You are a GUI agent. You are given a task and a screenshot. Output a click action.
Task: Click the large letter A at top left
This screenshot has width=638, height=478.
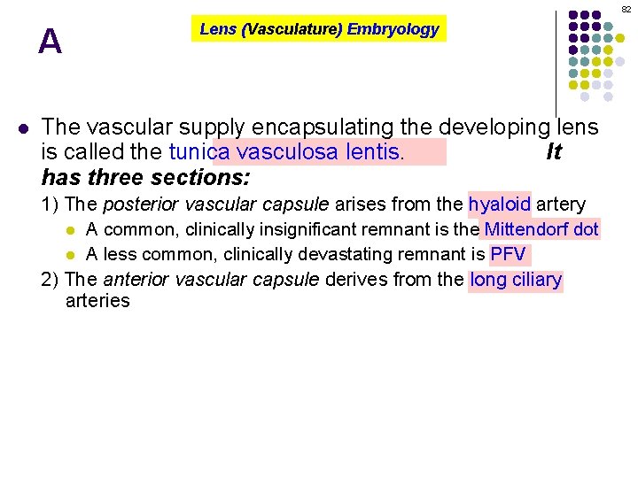(x=51, y=42)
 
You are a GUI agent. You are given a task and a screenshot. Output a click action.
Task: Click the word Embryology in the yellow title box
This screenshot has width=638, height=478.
(x=393, y=29)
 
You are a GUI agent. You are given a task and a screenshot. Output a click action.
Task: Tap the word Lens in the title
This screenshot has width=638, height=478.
(x=217, y=29)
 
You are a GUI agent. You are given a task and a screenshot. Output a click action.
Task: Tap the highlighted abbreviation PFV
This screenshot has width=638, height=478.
(x=508, y=255)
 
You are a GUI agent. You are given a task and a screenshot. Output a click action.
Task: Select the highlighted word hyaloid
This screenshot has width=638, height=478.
(x=499, y=204)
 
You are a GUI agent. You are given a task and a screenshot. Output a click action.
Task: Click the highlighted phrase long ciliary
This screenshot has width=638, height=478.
(x=516, y=281)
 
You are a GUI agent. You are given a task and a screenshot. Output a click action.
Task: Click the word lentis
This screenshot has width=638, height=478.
(x=374, y=152)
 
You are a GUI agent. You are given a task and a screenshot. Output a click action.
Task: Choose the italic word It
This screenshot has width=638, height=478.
(x=554, y=152)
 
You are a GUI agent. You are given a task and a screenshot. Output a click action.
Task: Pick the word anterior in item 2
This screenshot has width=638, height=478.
(x=134, y=281)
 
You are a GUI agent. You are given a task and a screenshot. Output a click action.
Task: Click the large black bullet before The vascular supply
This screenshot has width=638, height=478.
(x=24, y=127)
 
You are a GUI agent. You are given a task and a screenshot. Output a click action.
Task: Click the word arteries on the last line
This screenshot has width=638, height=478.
(x=97, y=301)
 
